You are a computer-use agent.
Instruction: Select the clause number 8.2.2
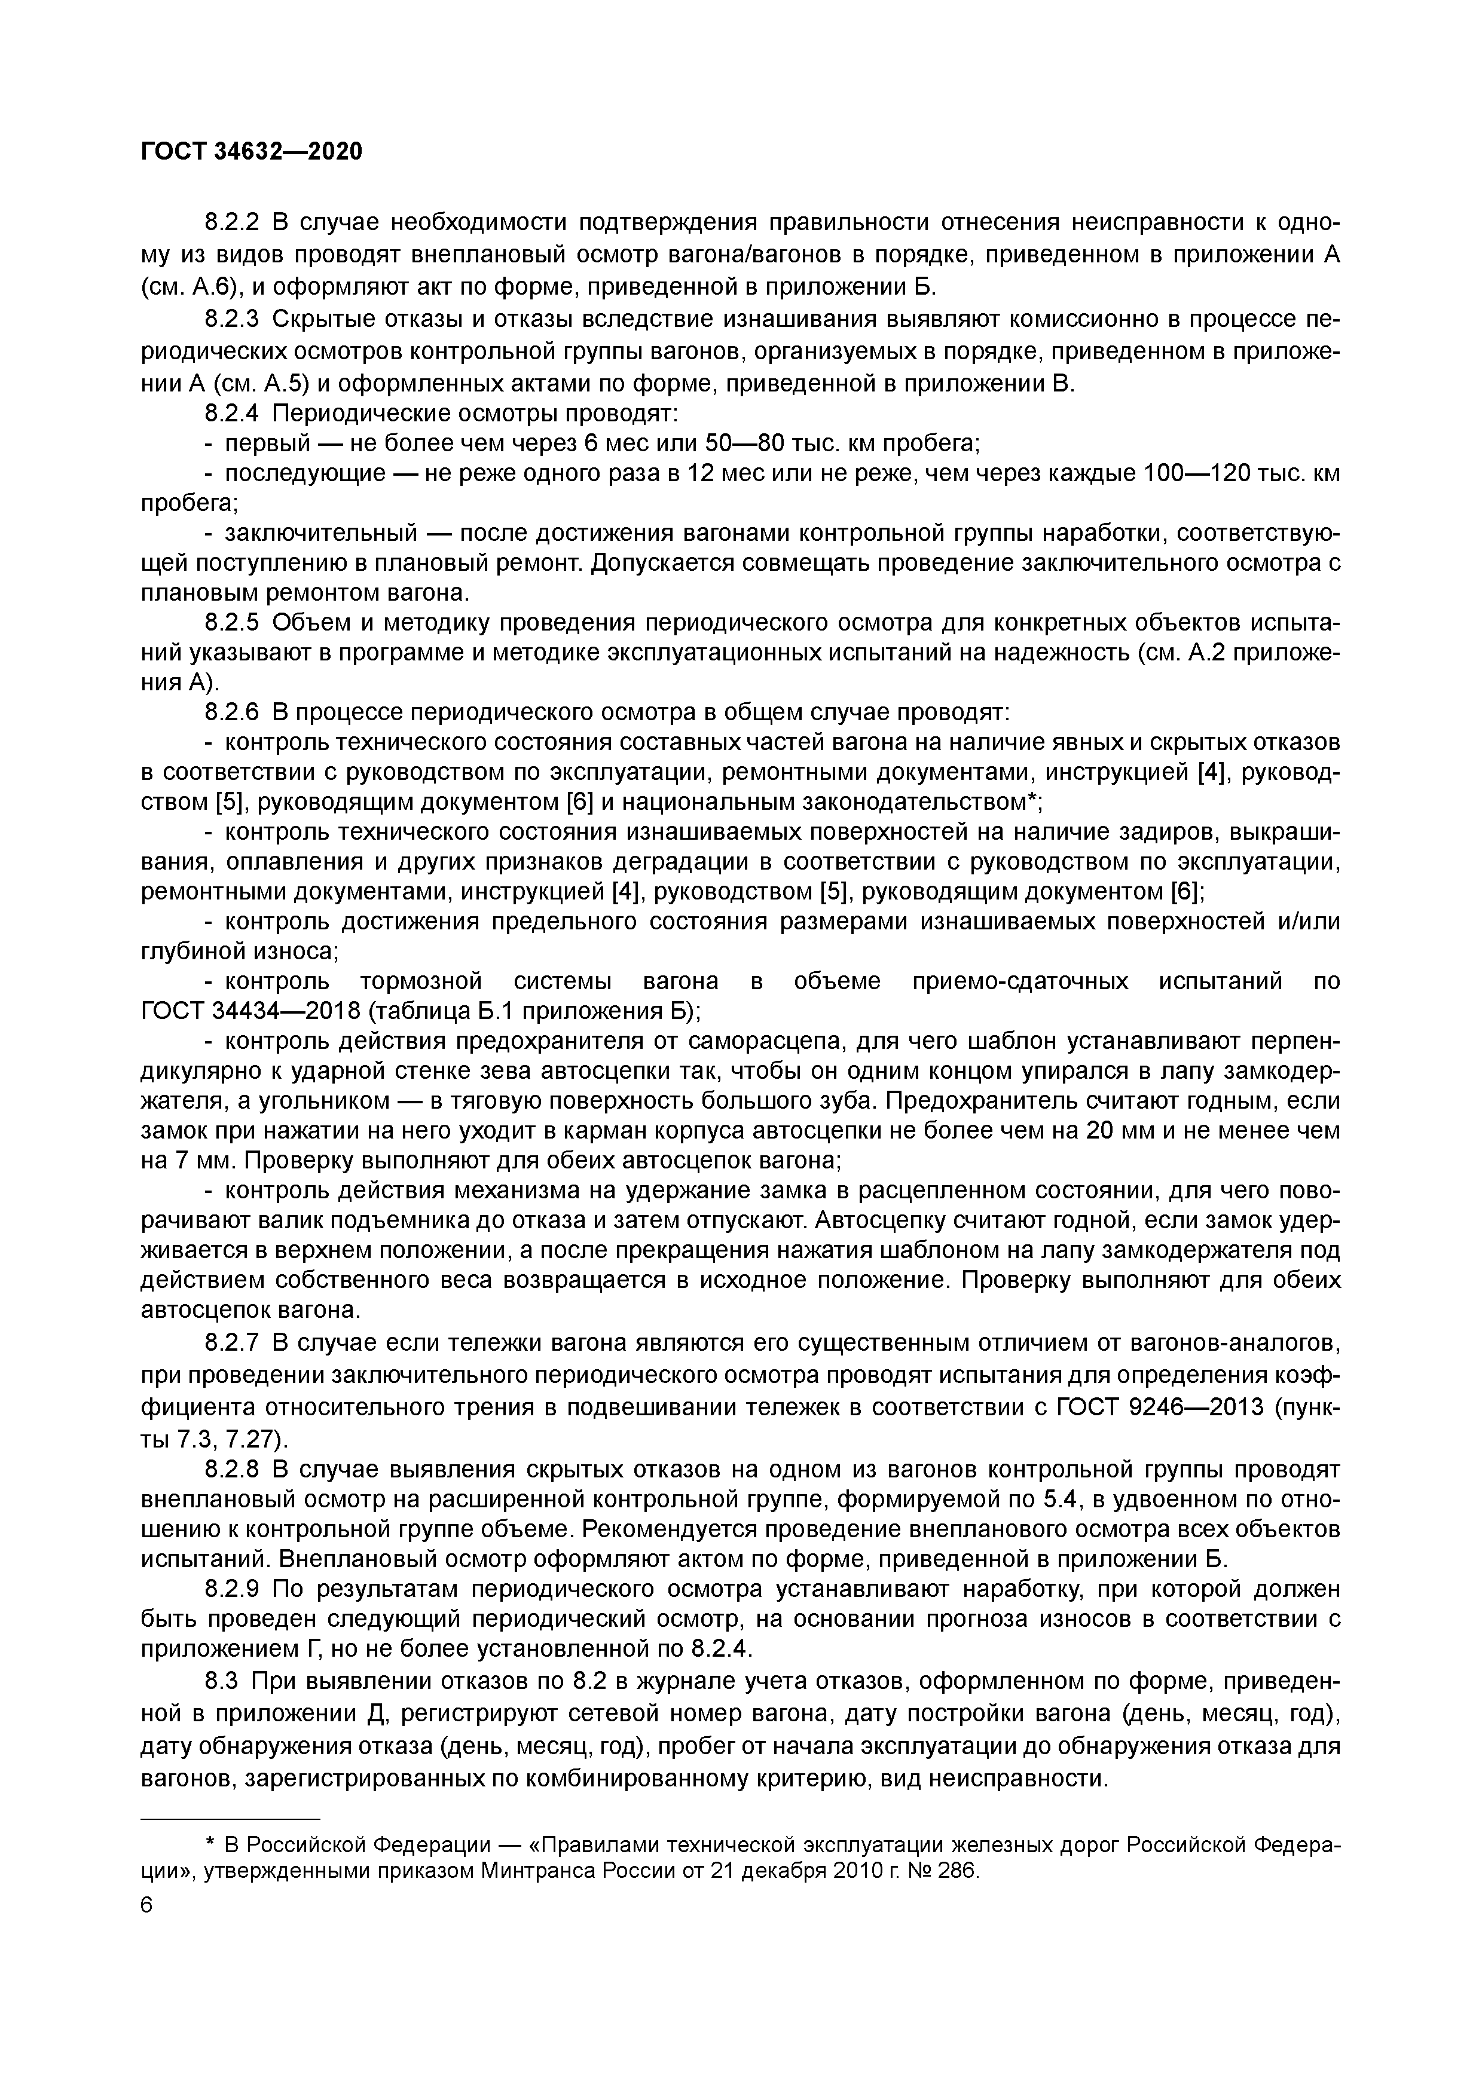(232, 223)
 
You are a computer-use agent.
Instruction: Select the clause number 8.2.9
(232, 1589)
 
